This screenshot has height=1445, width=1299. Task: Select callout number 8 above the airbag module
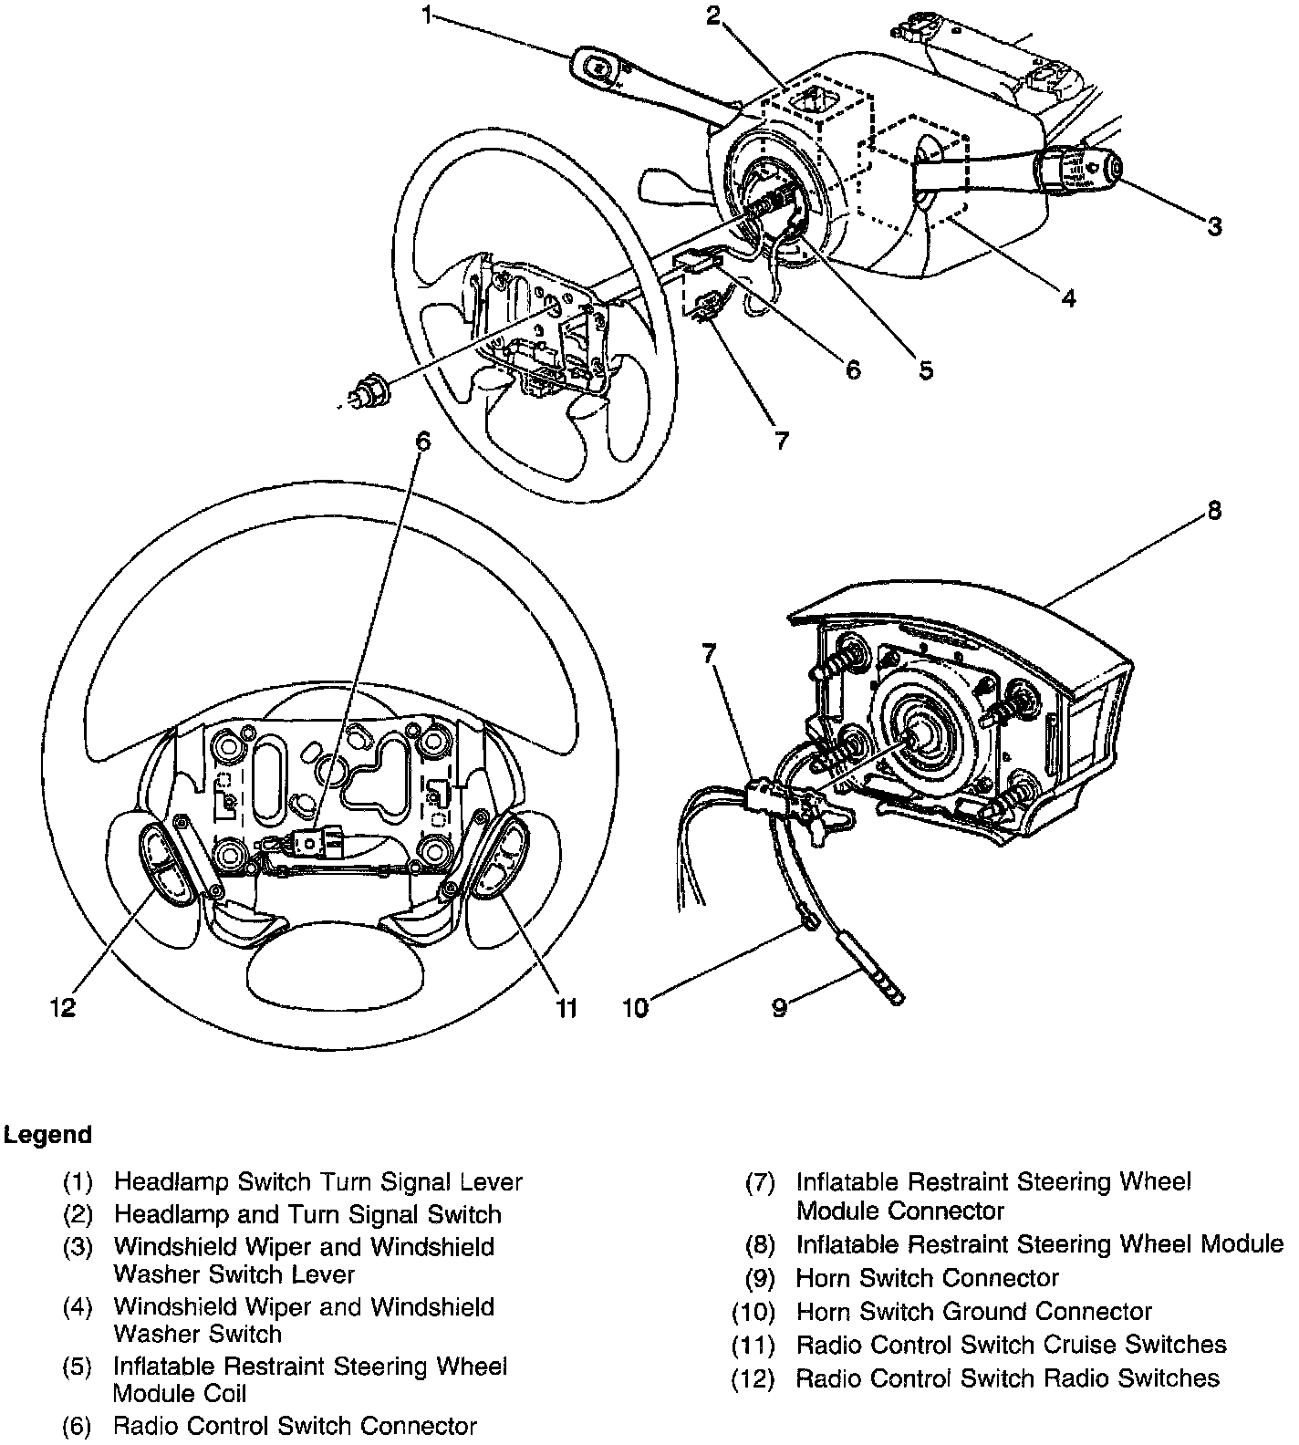coord(1213,511)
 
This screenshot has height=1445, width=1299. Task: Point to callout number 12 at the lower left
coord(62,1007)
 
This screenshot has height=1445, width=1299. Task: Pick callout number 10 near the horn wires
coord(635,1007)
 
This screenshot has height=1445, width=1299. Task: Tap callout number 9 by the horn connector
coord(779,1007)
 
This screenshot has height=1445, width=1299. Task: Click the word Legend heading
coord(47,1135)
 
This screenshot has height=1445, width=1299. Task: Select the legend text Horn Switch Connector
coord(927,1278)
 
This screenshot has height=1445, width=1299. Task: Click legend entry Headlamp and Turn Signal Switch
coord(307,1214)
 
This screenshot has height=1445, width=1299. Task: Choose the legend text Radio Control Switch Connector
coord(295,1426)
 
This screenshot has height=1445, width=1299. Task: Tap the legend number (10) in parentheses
coord(753,1312)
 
